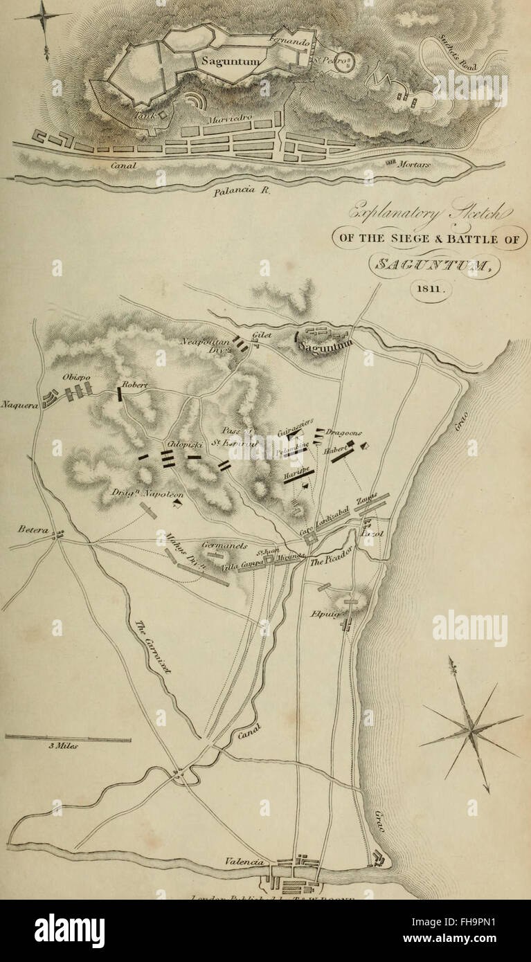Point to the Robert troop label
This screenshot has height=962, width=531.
click(136, 385)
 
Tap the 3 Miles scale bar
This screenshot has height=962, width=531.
click(67, 739)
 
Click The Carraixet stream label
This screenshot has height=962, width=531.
click(154, 646)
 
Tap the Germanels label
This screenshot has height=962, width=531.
click(225, 545)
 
